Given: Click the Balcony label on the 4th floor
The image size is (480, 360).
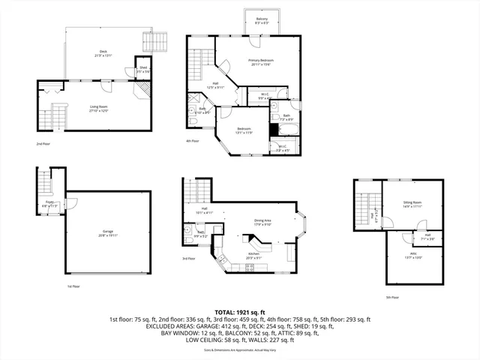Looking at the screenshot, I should tap(262, 20).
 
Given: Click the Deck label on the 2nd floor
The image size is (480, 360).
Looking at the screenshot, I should tap(103, 52).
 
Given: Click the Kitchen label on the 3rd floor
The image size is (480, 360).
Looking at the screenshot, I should tap(253, 255).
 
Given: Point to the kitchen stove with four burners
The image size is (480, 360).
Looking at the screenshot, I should tap(250, 268).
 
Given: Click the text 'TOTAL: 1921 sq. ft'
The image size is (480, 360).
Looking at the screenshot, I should tap(240, 311).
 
